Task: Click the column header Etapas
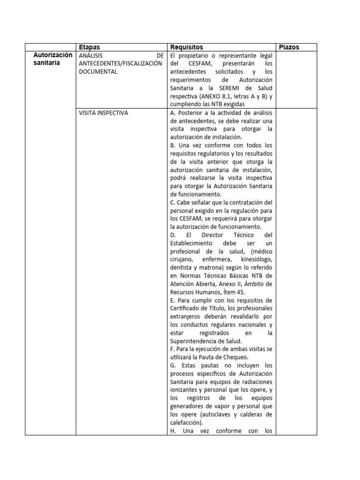pyautogui.click(x=90, y=47)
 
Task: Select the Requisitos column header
pyautogui.click(x=187, y=47)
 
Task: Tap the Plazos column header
pyautogui.click(x=289, y=47)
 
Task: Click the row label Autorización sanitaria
pyautogui.click(x=53, y=59)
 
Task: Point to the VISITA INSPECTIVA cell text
pyautogui.click(x=104, y=112)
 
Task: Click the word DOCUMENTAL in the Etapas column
pyautogui.click(x=98, y=72)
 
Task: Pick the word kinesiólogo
pyautogui.click(x=257, y=259)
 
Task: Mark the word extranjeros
pyautogui.click(x=186, y=316)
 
